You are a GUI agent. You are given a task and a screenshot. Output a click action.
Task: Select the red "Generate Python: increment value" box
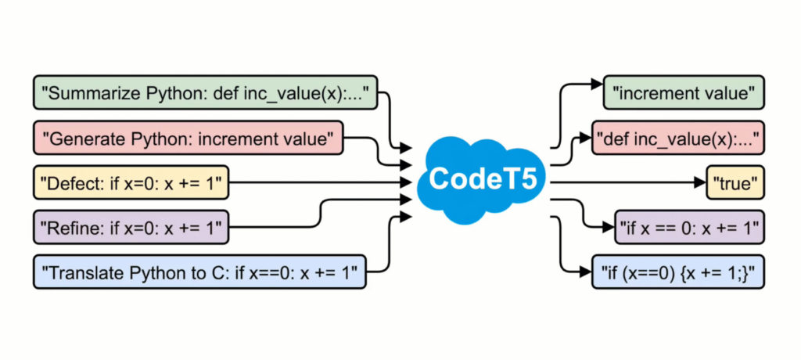point(188,139)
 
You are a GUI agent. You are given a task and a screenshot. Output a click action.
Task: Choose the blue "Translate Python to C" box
point(199,273)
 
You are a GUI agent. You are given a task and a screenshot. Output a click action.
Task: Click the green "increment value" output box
point(684,94)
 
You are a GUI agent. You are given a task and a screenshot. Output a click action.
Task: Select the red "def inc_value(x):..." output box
point(677,139)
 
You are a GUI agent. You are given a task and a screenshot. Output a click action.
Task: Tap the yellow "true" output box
point(735,184)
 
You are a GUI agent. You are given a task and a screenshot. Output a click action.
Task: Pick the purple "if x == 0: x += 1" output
point(689,228)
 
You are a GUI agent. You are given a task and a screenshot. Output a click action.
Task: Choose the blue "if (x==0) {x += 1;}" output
point(677,273)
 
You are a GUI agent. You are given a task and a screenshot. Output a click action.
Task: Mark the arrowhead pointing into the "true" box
point(701,184)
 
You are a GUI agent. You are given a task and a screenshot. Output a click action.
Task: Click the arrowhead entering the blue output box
point(586,273)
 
